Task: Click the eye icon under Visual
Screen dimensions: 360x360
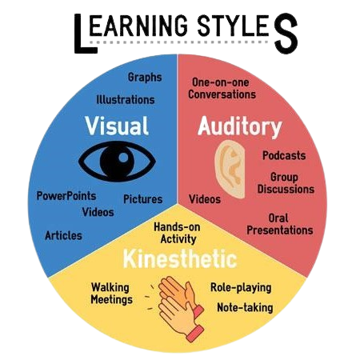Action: tap(117, 162)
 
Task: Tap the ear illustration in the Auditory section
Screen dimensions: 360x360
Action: tap(230, 169)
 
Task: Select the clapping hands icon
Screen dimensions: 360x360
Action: tap(178, 308)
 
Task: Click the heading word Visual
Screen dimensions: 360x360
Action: tap(117, 126)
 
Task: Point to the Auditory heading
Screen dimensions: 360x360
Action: tap(240, 126)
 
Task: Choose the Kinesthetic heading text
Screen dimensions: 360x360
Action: tap(180, 258)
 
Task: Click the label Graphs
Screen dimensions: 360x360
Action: tap(145, 78)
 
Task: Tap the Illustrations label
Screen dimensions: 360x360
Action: tap(126, 100)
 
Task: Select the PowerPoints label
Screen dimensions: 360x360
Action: tap(66, 196)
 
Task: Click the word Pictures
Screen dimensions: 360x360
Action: tap(142, 199)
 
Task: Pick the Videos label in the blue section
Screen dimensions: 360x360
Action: tap(98, 212)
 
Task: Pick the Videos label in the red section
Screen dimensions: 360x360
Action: tap(205, 199)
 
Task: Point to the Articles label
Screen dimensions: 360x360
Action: tap(63, 235)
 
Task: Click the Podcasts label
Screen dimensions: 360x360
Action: tap(284, 155)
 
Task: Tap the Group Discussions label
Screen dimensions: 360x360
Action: tap(286, 183)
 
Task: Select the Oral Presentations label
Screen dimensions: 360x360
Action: tap(280, 224)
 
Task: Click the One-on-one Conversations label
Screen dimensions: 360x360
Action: tap(222, 89)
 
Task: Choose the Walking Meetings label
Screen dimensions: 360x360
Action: tap(111, 294)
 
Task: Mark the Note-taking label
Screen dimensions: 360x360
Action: tap(245, 307)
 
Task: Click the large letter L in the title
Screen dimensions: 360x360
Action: tap(85, 34)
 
